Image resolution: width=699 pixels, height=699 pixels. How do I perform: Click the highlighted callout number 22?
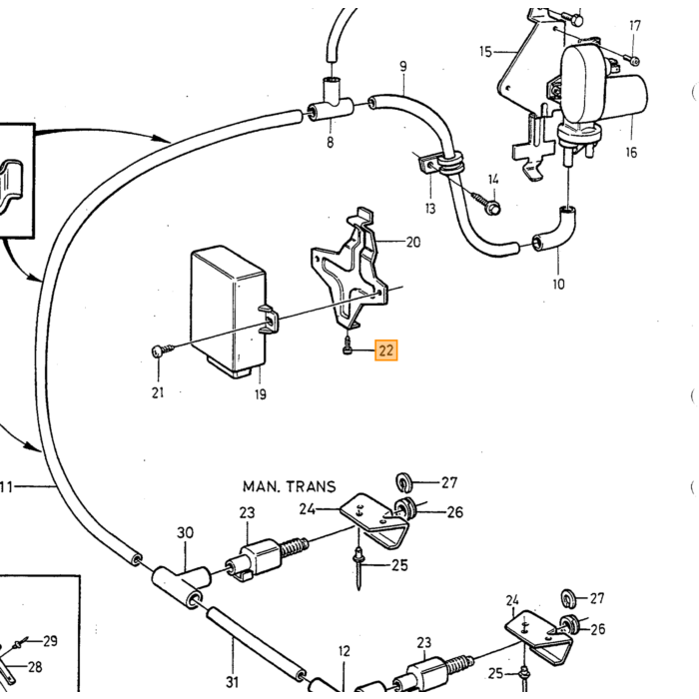pyautogui.click(x=386, y=350)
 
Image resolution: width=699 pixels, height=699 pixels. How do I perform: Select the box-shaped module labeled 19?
pyautogui.click(x=229, y=312)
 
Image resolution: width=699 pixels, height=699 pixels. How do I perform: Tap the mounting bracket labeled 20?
pyautogui.click(x=350, y=268)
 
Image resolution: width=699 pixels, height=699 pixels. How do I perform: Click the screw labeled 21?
pyautogui.click(x=162, y=349)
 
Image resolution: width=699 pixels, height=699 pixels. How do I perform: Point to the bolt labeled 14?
pyautogui.click(x=487, y=203)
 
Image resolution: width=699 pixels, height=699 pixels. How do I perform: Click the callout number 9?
pyautogui.click(x=403, y=67)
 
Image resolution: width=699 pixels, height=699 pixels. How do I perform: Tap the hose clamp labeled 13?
pyautogui.click(x=442, y=163)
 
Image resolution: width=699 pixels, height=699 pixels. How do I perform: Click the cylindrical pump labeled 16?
pyautogui.click(x=602, y=95)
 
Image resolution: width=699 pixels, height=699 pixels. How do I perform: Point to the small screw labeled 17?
pyautogui.click(x=632, y=60)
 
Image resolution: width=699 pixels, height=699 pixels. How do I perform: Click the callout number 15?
pyautogui.click(x=485, y=52)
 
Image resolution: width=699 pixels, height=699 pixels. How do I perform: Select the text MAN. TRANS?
pyautogui.click(x=289, y=486)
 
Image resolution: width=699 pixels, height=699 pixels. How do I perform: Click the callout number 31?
pyautogui.click(x=233, y=682)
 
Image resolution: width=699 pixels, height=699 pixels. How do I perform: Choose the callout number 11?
pyautogui.click(x=6, y=487)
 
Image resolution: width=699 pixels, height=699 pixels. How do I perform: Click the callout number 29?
pyautogui.click(x=50, y=641)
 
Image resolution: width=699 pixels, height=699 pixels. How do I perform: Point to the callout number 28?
pyautogui.click(x=35, y=667)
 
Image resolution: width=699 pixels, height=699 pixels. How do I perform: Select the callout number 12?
pyautogui.click(x=345, y=651)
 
